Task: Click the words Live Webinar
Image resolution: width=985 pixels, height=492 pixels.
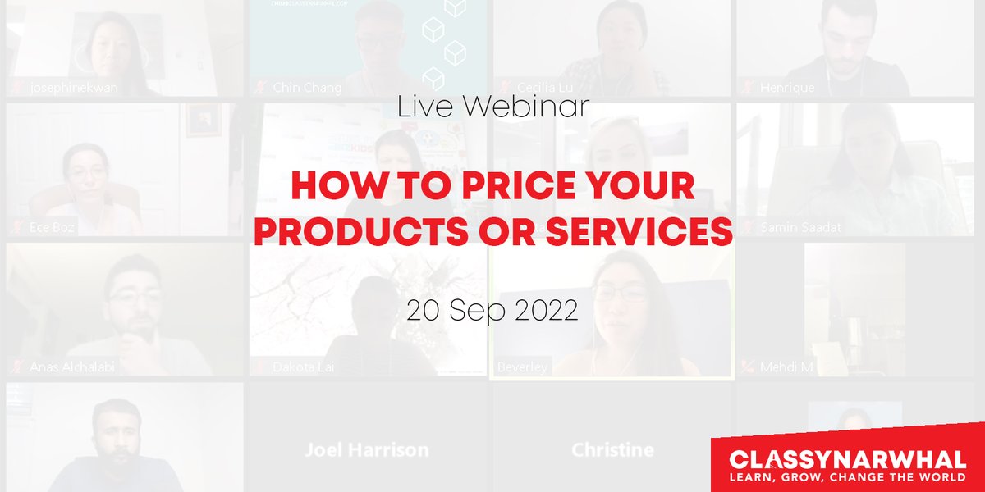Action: coord(492,107)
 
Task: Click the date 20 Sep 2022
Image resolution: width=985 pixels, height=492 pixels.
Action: coord(492,311)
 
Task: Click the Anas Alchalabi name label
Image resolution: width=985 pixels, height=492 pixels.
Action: coord(71,367)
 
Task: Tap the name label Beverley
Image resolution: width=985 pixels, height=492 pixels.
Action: coord(522,367)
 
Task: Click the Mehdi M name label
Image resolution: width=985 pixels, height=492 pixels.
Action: coord(786,367)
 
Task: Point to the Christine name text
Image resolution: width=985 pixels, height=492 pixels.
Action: coord(612,449)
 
